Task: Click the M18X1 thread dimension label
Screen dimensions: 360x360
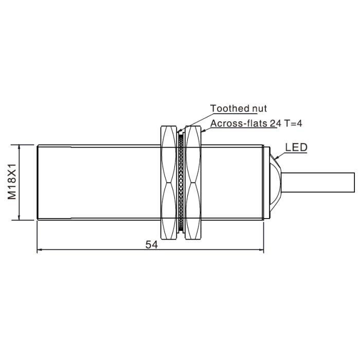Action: point(12,182)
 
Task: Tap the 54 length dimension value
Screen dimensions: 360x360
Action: point(152,245)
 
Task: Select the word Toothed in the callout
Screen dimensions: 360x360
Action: point(230,109)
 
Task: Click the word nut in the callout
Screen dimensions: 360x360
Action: point(260,109)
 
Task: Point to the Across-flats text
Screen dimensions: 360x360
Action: point(239,123)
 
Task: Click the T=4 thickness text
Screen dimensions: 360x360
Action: point(293,123)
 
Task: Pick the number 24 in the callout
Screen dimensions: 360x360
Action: point(275,124)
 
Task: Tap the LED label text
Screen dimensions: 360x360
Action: point(296,148)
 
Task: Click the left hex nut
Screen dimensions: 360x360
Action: point(169,183)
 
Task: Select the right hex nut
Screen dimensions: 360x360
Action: point(193,183)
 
